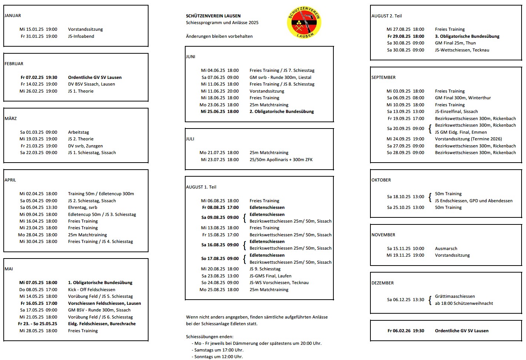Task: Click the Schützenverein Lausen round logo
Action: click(304, 23)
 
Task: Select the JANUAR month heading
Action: click(13, 16)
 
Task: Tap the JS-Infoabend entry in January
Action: click(81, 36)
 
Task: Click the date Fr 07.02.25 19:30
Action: click(39, 77)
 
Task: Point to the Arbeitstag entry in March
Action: click(79, 132)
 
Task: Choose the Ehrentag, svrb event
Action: click(83, 207)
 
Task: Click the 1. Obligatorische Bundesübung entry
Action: click(100, 283)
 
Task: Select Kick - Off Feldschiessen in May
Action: click(91, 290)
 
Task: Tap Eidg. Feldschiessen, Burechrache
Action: click(102, 324)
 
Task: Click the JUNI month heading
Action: click(191, 57)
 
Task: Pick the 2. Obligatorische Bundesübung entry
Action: click(282, 111)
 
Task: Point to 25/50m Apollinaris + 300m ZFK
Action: click(281, 160)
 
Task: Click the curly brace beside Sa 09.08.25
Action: click(244, 218)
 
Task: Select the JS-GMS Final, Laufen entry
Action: click(270, 276)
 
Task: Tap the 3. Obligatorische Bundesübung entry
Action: click(467, 36)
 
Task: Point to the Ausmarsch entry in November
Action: click(446, 249)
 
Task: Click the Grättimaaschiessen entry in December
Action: click(455, 296)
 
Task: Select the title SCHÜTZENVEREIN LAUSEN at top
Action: click(213, 16)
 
